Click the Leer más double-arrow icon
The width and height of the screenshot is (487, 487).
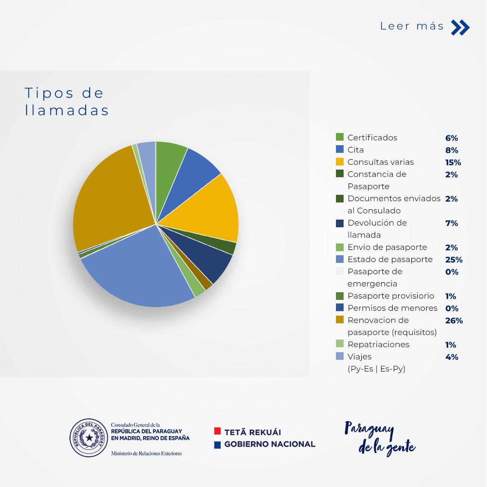coord(460,28)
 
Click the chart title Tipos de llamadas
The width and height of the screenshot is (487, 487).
coord(67,101)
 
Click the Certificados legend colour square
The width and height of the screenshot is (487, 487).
coord(340,138)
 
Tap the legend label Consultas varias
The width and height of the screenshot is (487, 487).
coord(380,162)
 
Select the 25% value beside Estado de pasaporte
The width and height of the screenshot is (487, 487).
coord(453,260)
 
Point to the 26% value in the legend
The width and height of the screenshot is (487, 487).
coord(454,321)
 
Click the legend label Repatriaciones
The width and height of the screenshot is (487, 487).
coord(378,345)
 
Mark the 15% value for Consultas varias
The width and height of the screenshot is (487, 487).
coord(453,162)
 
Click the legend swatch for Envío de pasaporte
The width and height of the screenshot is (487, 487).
coord(340,247)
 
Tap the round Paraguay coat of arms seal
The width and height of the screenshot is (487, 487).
coord(89,437)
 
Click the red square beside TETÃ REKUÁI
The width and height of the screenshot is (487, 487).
coord(217,432)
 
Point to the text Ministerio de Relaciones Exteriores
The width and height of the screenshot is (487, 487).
coord(146,453)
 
